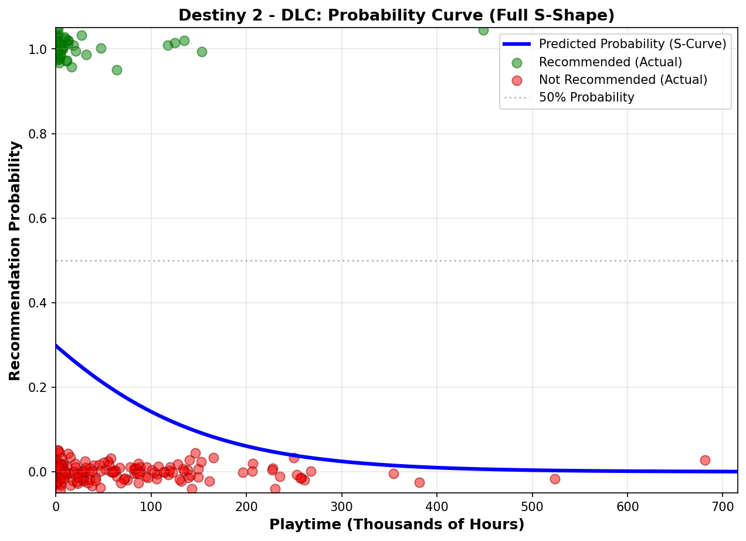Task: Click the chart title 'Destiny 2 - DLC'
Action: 396,15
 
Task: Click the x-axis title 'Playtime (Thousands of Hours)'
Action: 396,524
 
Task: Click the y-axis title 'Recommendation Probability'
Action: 15,260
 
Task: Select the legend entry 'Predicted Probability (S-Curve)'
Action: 632,44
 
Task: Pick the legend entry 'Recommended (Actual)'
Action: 610,62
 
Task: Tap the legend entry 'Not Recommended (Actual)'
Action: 623,80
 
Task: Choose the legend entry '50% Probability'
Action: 586,97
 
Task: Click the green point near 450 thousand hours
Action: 483,30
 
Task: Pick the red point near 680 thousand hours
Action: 705,460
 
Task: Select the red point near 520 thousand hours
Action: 555,479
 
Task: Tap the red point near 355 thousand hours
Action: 394,474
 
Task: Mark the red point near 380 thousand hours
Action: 419,482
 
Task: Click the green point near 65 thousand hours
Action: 117,70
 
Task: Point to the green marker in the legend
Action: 516,62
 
